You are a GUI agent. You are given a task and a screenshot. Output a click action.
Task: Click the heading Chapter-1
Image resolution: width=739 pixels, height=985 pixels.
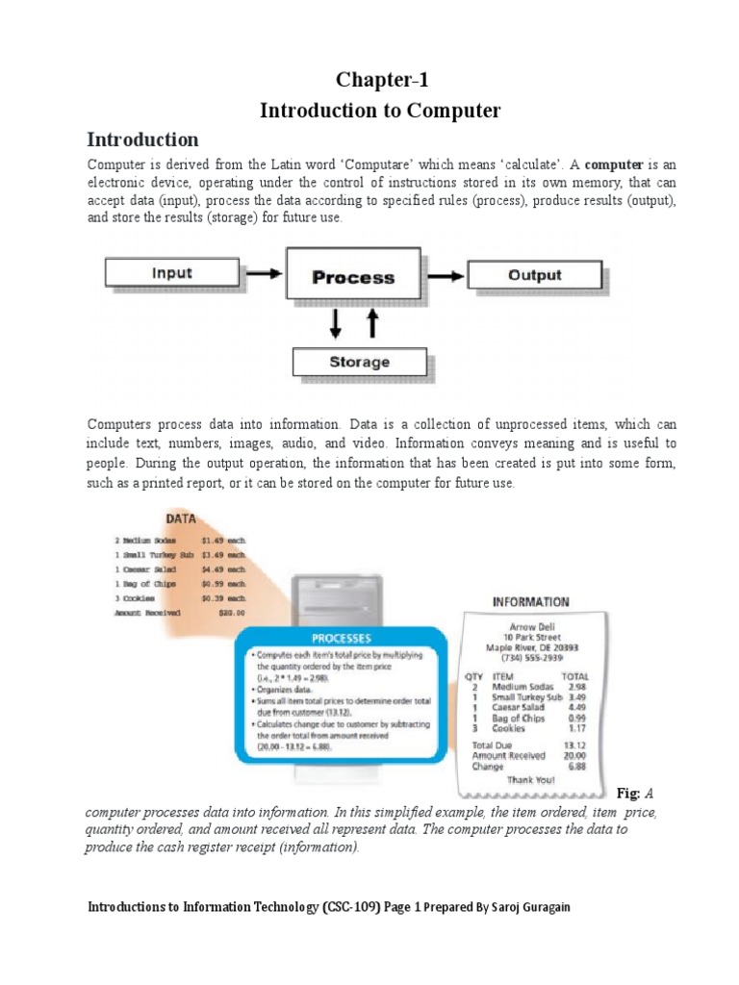coord(380,81)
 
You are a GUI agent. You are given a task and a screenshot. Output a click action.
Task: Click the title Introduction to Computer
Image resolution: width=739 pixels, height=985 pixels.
coord(380,111)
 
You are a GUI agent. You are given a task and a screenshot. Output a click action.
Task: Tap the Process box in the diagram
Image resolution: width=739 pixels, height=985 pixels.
coord(353,277)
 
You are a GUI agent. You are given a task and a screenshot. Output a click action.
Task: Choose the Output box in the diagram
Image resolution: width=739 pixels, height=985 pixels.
coord(534,275)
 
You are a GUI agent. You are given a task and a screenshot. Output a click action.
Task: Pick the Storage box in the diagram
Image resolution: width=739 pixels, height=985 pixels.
coord(359,363)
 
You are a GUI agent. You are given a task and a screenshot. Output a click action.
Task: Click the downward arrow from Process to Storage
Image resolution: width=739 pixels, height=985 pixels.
coord(336,324)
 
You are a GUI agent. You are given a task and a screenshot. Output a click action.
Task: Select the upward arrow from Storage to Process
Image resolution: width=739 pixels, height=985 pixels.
coord(373,324)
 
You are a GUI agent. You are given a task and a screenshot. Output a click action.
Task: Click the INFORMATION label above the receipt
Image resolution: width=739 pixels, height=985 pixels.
coord(530,602)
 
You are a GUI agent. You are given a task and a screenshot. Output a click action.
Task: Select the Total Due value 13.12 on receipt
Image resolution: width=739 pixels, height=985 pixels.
coord(575,745)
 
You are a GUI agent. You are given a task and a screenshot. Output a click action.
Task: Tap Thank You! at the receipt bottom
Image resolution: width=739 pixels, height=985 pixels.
coord(524,780)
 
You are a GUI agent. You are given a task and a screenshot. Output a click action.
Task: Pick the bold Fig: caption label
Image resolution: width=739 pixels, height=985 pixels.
coord(626,793)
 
